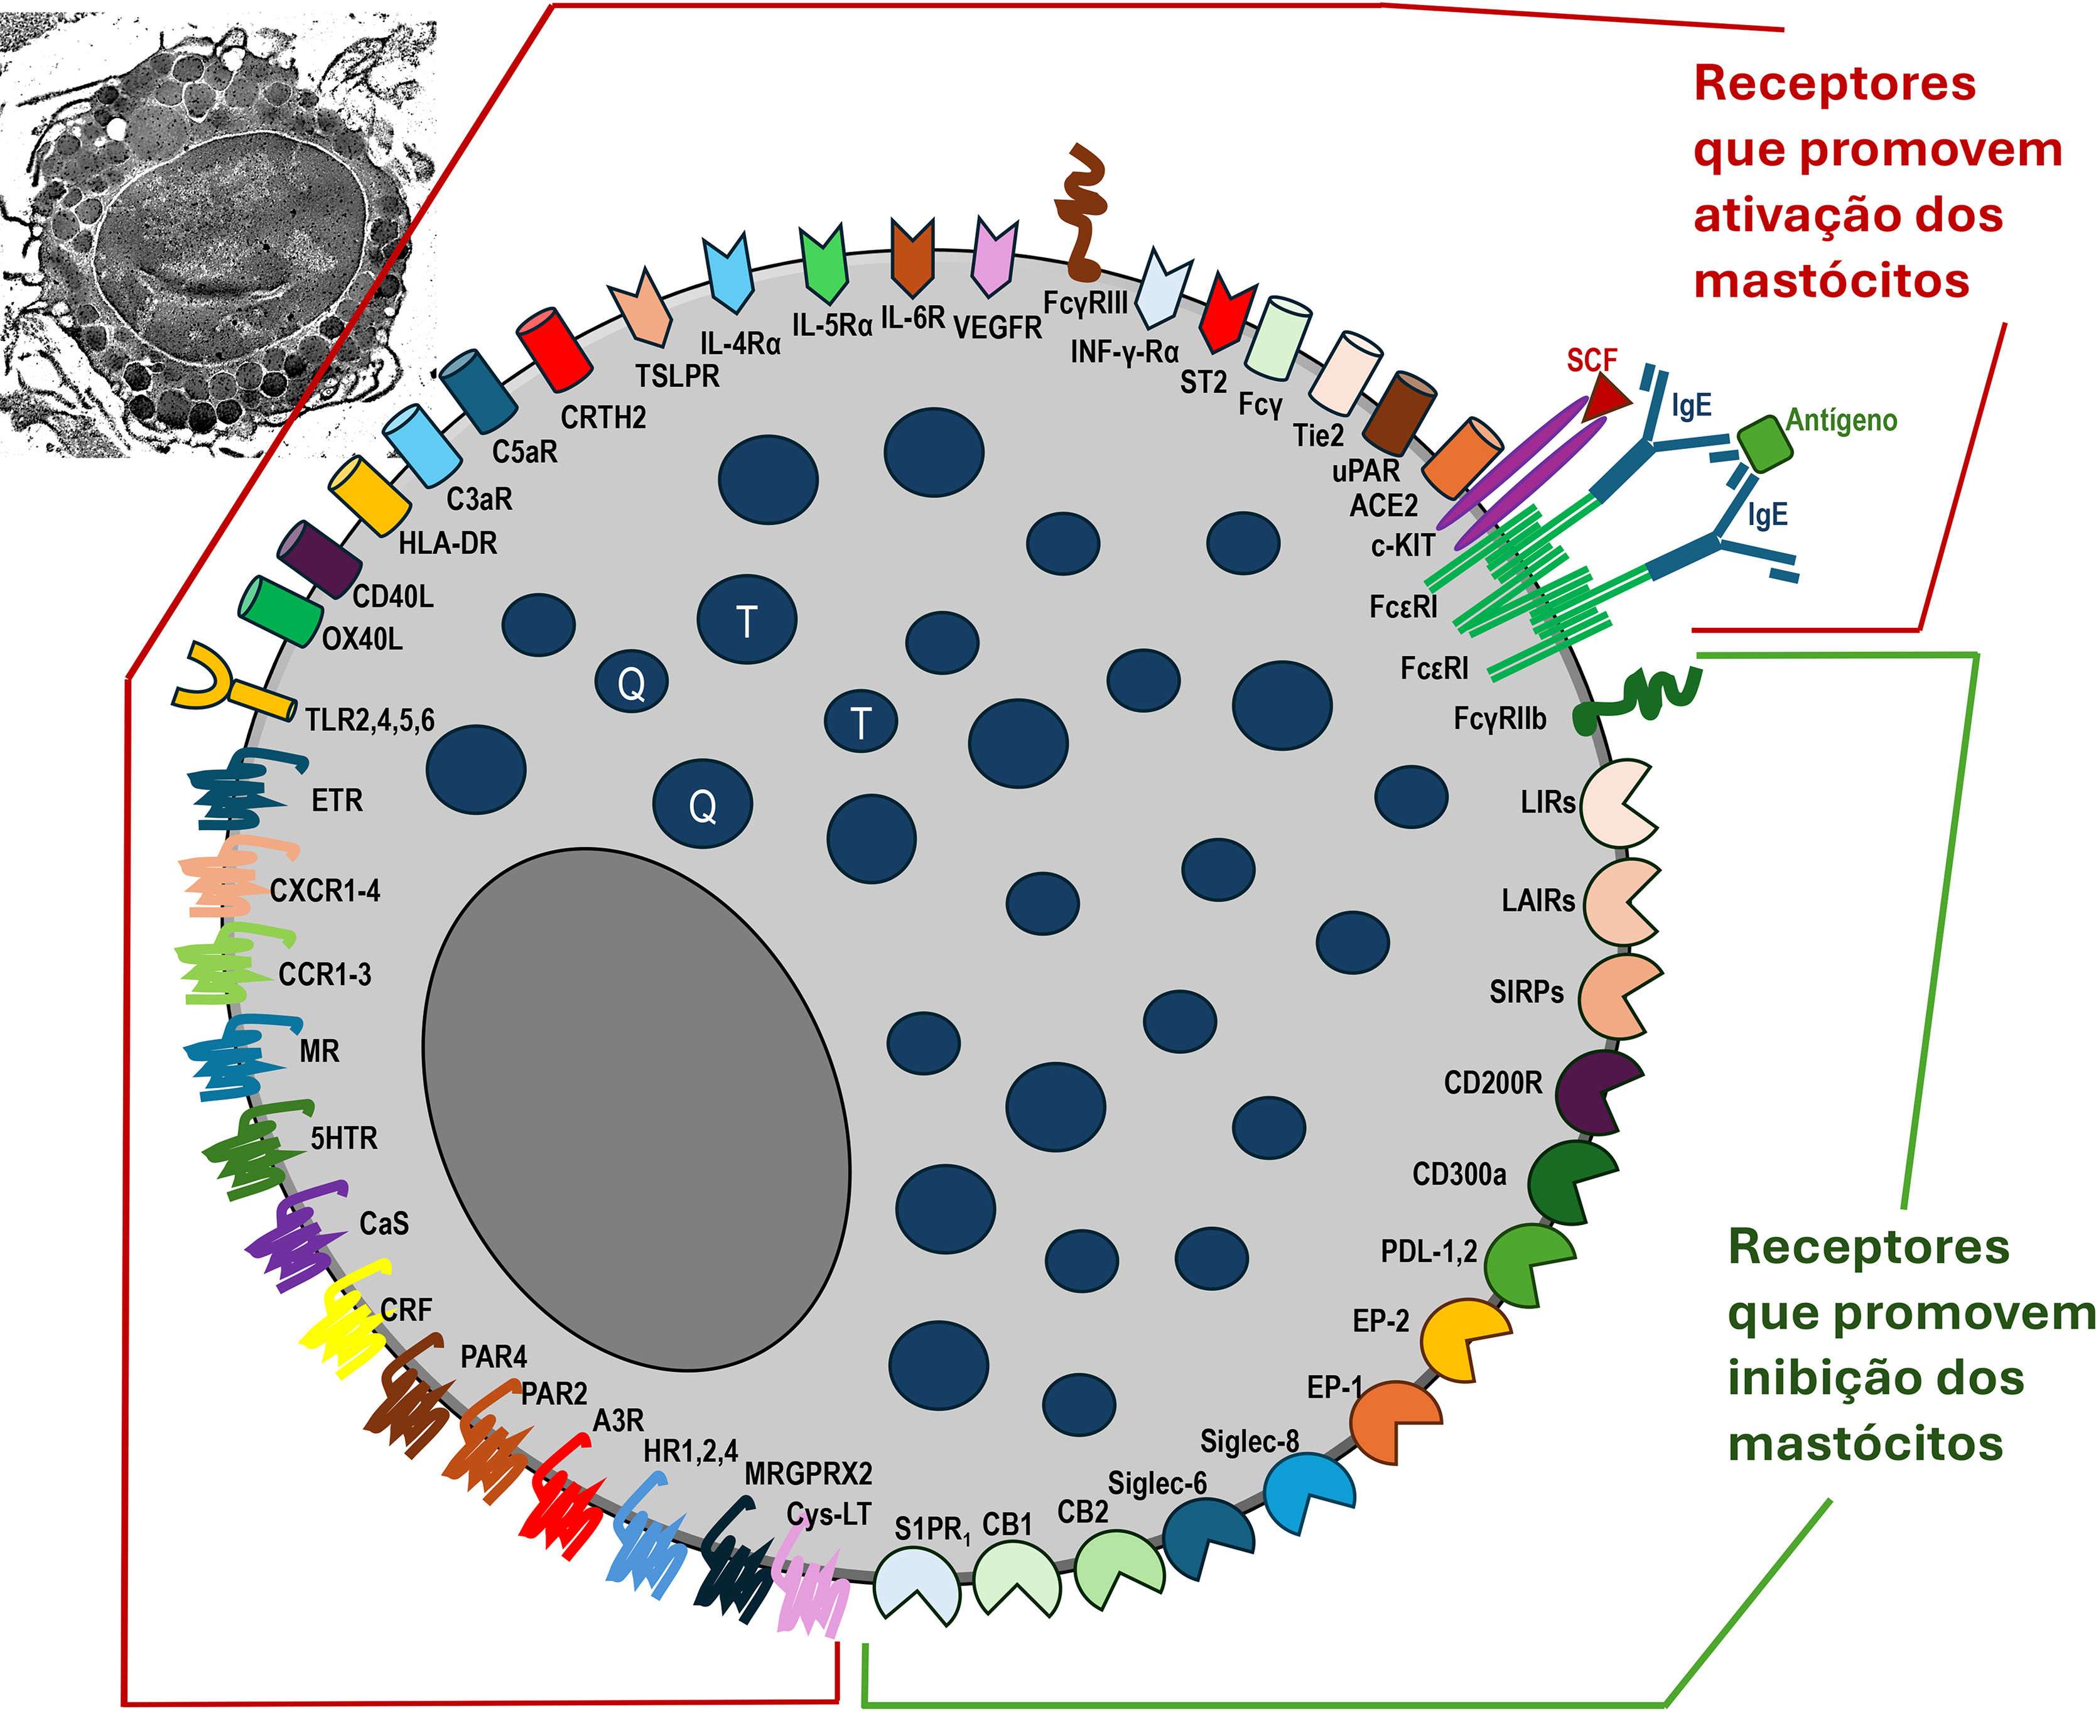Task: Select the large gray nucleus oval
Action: click(x=635, y=1109)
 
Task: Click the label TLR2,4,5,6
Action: click(x=370, y=720)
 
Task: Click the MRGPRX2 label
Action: click(x=808, y=1474)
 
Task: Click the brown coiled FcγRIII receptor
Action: click(x=1083, y=212)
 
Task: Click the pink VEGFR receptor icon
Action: click(x=994, y=257)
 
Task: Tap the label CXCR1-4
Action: click(x=325, y=891)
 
